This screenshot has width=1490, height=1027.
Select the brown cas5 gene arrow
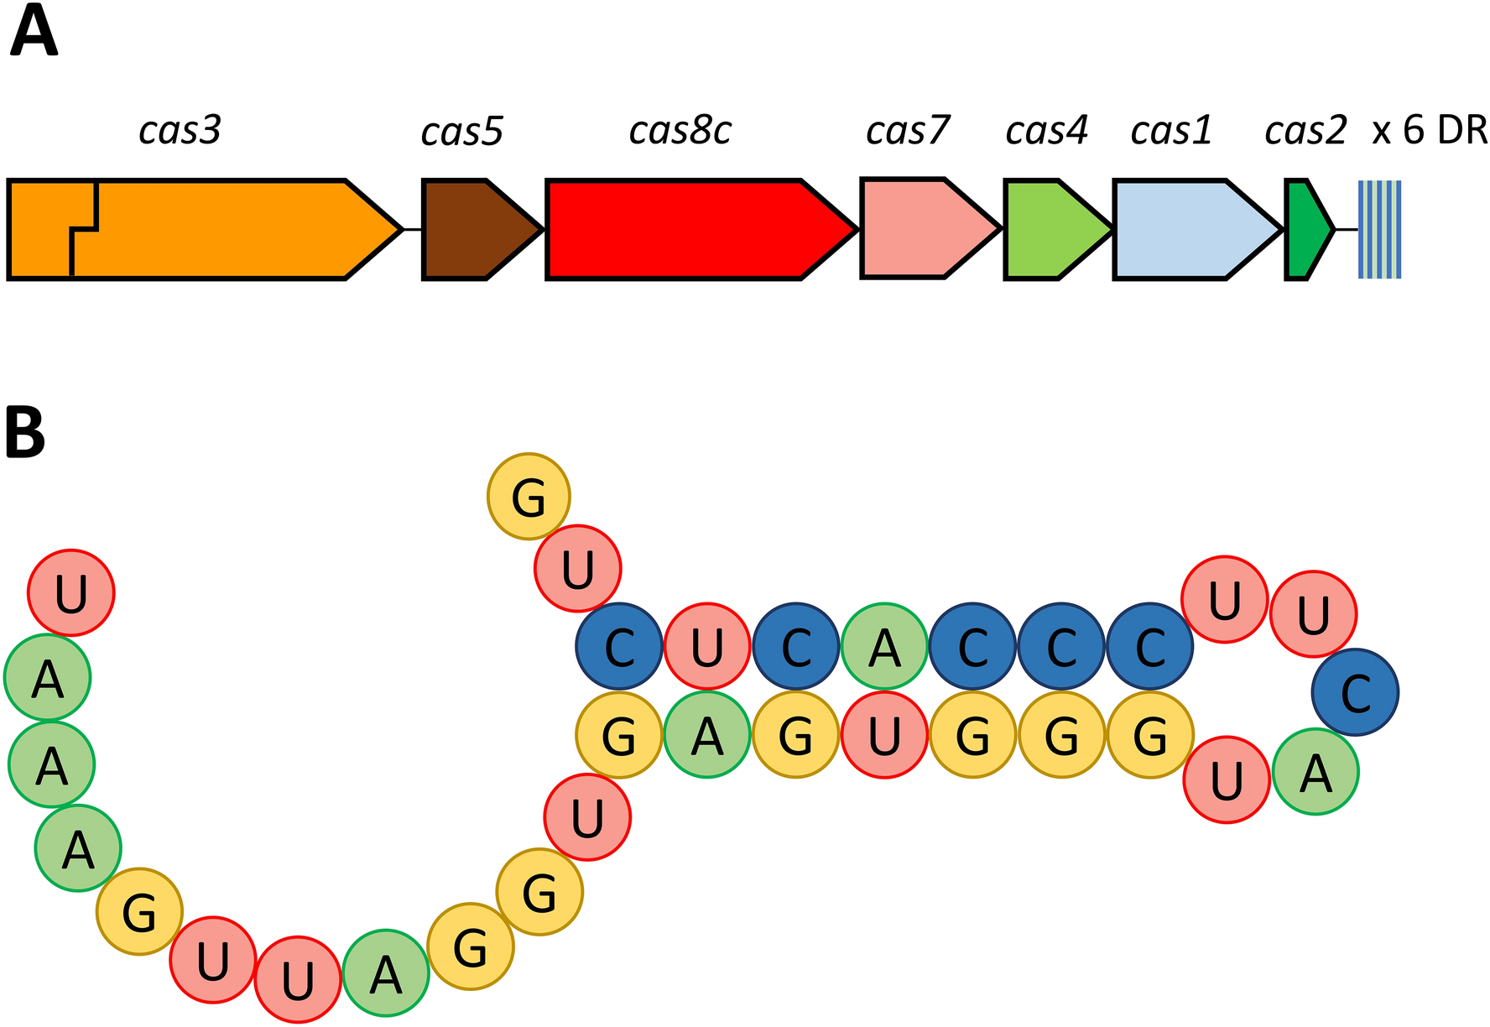coord(474,229)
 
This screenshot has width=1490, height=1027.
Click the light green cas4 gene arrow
coord(1049,229)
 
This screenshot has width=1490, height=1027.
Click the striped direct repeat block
coord(1379,229)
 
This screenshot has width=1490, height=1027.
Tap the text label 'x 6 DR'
coord(1429,131)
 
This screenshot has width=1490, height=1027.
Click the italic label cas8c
coord(680,131)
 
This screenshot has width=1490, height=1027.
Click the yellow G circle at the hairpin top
coord(529,497)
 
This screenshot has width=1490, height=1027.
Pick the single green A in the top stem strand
coord(884,646)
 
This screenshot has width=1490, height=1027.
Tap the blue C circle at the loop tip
coord(1355,693)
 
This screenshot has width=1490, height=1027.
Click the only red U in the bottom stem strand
coord(884,735)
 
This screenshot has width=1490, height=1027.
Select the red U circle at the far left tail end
coord(71,592)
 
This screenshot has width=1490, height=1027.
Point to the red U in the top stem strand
coord(707,646)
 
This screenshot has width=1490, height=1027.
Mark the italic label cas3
coord(180,131)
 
